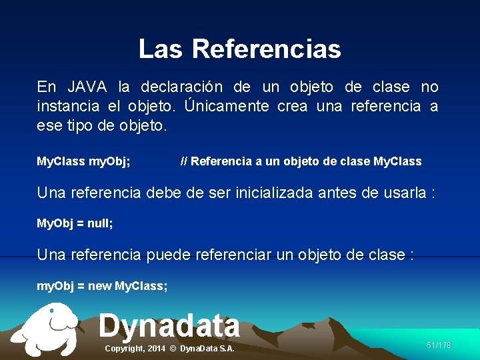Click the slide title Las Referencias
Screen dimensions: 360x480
point(239,49)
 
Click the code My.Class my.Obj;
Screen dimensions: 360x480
point(83,161)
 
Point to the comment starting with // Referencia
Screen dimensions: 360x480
point(301,161)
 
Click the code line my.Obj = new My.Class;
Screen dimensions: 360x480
point(102,286)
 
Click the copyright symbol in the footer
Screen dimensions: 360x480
point(173,349)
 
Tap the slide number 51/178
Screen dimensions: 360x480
point(439,345)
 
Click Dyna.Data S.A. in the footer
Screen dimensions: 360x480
point(207,349)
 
